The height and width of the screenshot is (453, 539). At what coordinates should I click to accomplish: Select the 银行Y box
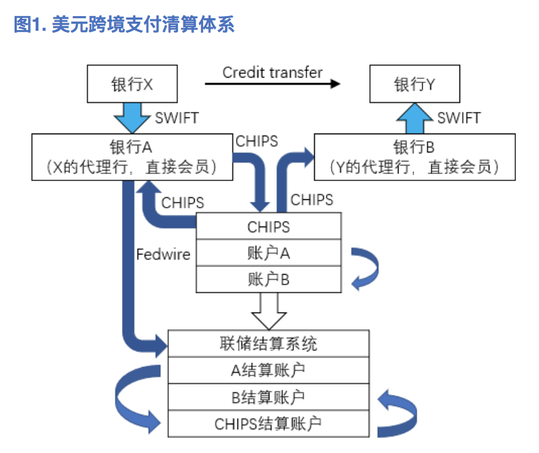[415, 85]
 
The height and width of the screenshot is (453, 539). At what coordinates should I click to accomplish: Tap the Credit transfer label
[272, 73]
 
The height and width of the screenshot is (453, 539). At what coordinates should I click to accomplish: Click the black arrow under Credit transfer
[272, 84]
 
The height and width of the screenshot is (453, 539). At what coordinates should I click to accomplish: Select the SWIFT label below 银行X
[176, 117]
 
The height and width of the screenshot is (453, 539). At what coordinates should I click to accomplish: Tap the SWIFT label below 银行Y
[459, 117]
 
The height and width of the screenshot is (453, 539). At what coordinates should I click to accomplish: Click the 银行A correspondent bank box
[131, 157]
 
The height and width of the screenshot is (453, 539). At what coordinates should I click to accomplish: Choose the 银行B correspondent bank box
[415, 157]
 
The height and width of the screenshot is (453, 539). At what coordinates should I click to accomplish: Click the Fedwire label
[163, 254]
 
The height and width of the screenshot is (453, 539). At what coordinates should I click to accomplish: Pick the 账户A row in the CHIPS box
[269, 253]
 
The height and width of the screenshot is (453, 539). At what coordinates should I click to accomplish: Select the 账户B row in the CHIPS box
[269, 279]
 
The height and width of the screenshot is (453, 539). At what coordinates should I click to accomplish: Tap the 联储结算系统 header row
[268, 343]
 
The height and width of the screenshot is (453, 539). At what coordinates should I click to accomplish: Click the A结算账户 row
[268, 370]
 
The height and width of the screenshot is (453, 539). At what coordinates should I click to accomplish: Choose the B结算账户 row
[268, 397]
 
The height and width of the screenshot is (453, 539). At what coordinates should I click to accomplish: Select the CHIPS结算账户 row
[268, 424]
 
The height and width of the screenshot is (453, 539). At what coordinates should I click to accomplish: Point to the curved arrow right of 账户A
[364, 266]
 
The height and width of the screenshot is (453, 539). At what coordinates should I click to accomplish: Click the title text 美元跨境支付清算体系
[142, 25]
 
